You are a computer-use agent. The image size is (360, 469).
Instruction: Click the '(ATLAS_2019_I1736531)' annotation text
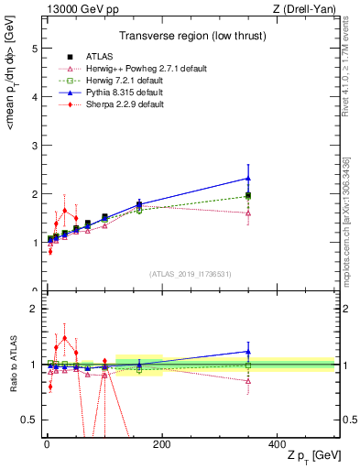pyautogui.click(x=189, y=273)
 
